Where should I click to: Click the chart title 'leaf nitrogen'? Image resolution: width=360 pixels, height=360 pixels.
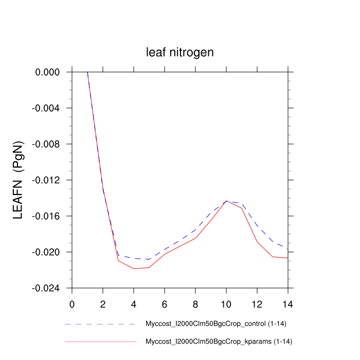click(x=179, y=52)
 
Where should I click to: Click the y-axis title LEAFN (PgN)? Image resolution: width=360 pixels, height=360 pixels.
click(x=17, y=180)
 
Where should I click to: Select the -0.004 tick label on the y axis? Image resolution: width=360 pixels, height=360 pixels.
click(x=47, y=109)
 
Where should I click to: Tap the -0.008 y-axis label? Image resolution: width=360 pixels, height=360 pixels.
click(x=47, y=145)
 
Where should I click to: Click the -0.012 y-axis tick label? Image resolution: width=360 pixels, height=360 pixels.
click(x=47, y=181)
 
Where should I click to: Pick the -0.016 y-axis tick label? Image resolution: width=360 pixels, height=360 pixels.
click(x=47, y=217)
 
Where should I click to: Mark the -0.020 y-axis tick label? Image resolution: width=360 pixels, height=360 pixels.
click(x=47, y=253)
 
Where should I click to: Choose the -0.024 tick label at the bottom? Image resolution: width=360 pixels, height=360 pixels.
click(x=47, y=289)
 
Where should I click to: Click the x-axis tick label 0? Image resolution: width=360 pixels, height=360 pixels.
click(x=72, y=303)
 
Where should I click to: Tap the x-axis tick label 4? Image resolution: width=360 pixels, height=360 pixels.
click(x=134, y=303)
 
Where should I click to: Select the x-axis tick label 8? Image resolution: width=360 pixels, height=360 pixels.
click(x=195, y=303)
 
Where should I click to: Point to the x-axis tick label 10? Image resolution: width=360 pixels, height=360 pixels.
click(x=226, y=303)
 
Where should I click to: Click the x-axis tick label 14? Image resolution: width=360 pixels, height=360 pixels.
click(x=288, y=303)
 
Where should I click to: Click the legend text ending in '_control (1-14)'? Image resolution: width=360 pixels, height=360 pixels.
click(x=219, y=325)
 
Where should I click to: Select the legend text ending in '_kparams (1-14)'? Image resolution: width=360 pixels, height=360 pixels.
click(x=220, y=341)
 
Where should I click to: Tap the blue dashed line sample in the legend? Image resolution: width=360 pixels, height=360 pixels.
click(x=100, y=325)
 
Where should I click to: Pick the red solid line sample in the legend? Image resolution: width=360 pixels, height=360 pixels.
click(x=100, y=341)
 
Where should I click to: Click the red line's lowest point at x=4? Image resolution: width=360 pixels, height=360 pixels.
click(x=134, y=268)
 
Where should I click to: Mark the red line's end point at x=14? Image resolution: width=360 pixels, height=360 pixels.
click(x=287, y=258)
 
